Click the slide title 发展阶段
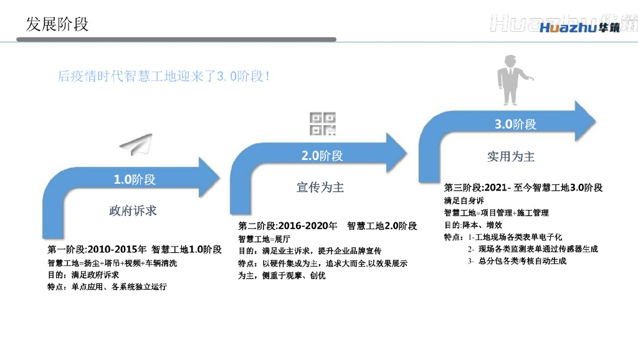57,24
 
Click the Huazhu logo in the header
579,28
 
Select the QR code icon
323,125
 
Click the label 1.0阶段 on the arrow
135,180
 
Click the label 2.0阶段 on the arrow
322,156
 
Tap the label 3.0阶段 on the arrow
515,125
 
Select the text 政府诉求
133,211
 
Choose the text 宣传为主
320,187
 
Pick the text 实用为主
511,156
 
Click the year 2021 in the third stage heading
495,187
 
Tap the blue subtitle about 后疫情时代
164,77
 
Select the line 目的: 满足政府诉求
83,275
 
